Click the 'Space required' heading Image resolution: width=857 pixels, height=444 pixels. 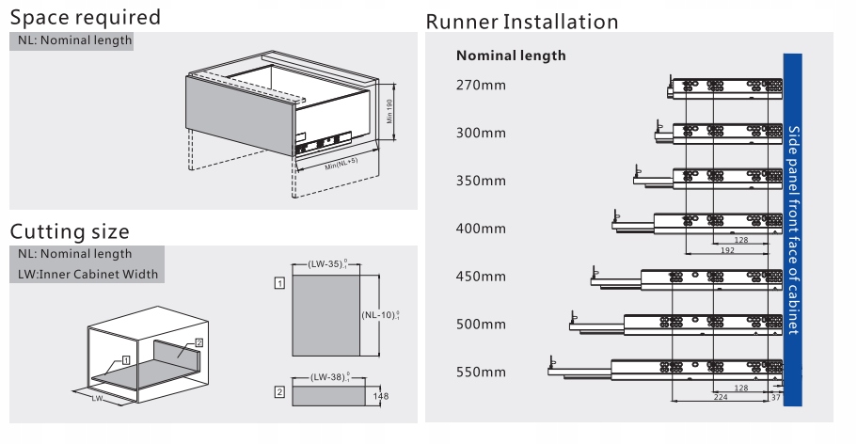tap(86, 18)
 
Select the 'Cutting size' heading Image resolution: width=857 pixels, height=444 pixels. tap(70, 231)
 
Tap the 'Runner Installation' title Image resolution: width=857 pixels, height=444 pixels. tap(522, 22)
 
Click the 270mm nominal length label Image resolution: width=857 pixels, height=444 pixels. tap(481, 86)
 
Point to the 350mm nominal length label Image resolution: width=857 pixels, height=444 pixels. tap(481, 181)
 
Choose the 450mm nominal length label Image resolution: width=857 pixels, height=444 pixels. tap(481, 277)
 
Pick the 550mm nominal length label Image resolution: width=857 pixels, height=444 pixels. tap(481, 372)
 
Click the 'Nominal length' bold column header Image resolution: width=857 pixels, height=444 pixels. tap(511, 55)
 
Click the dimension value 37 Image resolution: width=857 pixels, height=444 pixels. tap(774, 397)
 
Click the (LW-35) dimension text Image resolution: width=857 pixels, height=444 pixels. tap(328, 265)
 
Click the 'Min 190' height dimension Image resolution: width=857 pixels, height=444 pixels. tap(389, 111)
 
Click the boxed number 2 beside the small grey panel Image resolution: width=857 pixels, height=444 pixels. tap(279, 391)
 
